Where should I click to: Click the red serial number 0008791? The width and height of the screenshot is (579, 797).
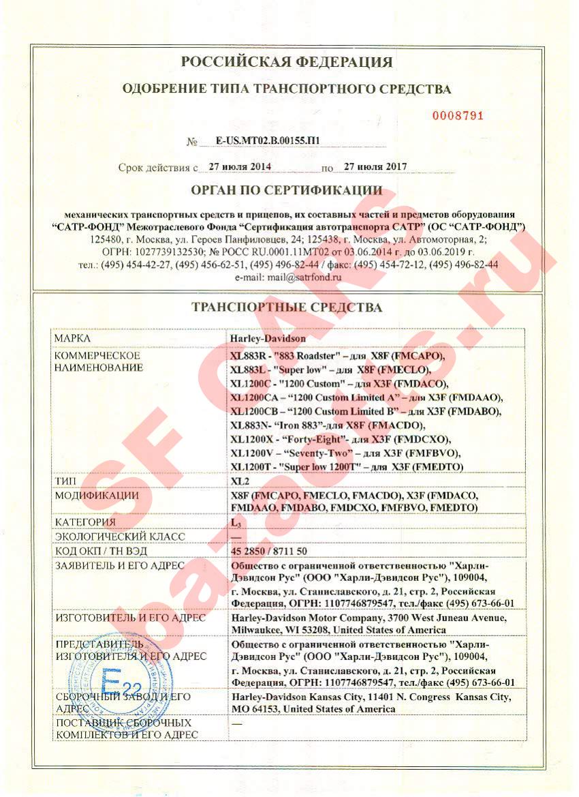click(458, 116)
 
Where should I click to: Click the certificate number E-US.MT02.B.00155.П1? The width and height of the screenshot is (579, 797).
click(268, 142)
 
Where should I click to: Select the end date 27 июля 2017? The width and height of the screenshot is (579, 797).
click(375, 166)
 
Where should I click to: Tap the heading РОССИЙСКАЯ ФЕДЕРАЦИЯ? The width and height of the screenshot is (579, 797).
click(287, 63)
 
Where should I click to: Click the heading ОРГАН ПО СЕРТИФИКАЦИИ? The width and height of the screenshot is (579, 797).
click(287, 190)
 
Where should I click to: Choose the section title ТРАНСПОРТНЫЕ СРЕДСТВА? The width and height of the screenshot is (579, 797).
click(287, 308)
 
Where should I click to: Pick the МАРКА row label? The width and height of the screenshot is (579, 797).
click(73, 338)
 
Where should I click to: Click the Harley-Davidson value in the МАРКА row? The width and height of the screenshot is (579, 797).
click(268, 338)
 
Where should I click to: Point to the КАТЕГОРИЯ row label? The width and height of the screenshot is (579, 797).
click(85, 522)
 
